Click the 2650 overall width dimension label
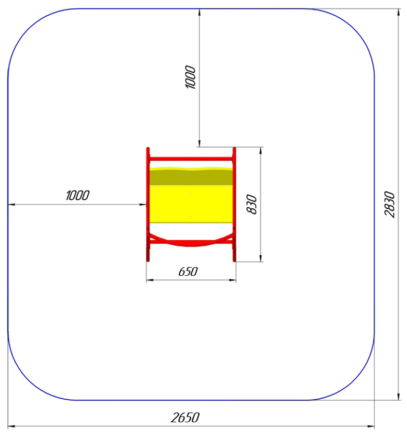click(185, 418)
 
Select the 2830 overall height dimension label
click(390, 205)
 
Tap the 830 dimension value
click(252, 205)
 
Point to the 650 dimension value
click(188, 272)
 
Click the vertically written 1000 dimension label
click(190, 77)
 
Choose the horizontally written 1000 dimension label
click(77, 195)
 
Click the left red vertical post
click(148, 205)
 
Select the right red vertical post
click(234, 205)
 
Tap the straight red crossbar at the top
click(191, 159)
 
